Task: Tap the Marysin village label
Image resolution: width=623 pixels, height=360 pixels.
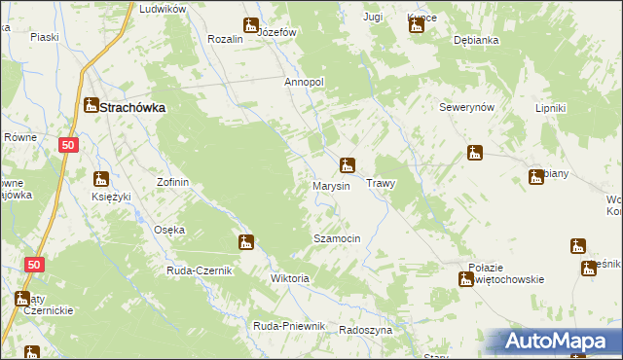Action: (331, 185)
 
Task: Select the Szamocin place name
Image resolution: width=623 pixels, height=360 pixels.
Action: (337, 238)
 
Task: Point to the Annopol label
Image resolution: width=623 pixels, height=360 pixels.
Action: (304, 83)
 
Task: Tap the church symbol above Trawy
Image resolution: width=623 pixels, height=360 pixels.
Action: (347, 164)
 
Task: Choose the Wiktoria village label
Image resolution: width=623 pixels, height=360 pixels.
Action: (289, 278)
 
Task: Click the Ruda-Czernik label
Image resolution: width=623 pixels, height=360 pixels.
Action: (199, 270)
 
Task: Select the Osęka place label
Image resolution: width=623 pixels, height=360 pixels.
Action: (169, 230)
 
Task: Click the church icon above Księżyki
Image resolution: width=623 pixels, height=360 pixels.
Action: (101, 178)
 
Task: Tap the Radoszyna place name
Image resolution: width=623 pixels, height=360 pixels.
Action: (365, 330)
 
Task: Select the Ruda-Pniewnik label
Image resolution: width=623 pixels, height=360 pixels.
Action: (288, 326)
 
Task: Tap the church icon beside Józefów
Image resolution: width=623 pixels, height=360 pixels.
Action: (251, 25)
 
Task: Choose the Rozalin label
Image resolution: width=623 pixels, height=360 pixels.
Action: (226, 39)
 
